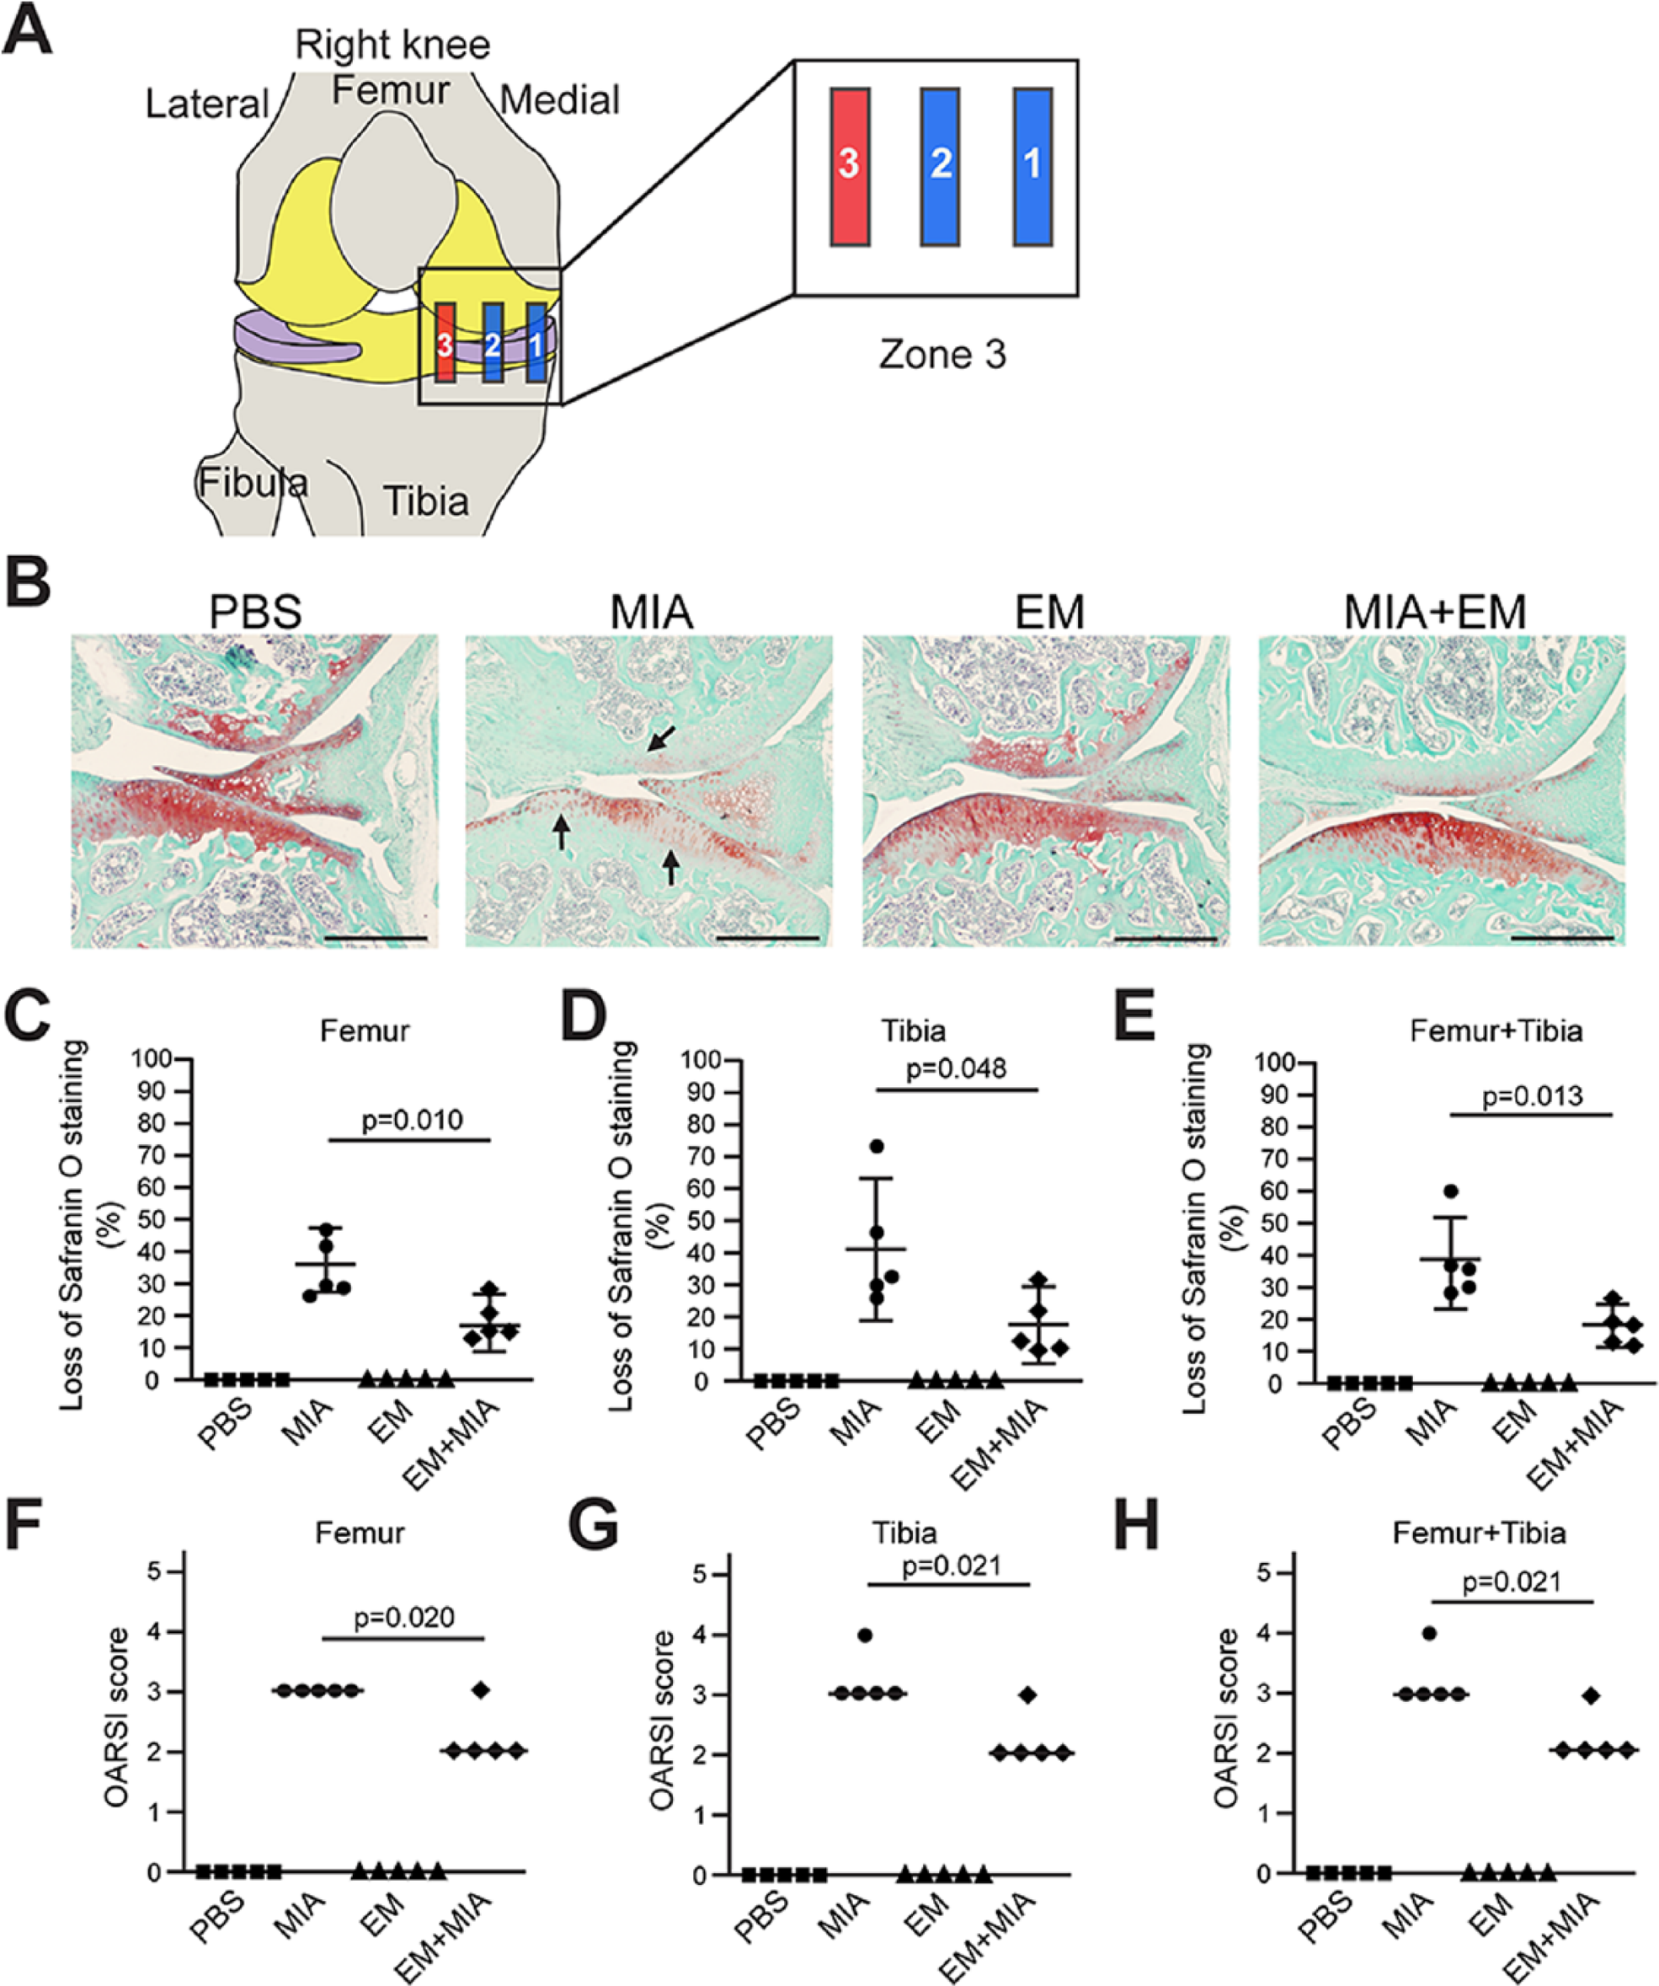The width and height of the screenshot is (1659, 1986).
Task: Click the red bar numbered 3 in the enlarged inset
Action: pos(850,168)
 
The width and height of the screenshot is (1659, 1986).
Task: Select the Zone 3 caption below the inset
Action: pos(942,355)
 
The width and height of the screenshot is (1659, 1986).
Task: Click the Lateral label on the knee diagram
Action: pos(207,103)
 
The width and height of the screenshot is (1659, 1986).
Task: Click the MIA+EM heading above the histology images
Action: pos(1435,612)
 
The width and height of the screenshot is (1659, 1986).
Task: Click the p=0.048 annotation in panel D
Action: pos(957,1068)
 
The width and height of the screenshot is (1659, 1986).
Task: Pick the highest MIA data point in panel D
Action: pos(877,1146)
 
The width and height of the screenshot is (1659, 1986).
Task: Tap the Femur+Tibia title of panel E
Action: pos(1496,1030)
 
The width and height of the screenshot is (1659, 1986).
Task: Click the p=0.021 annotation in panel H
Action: pos(1512,1582)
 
